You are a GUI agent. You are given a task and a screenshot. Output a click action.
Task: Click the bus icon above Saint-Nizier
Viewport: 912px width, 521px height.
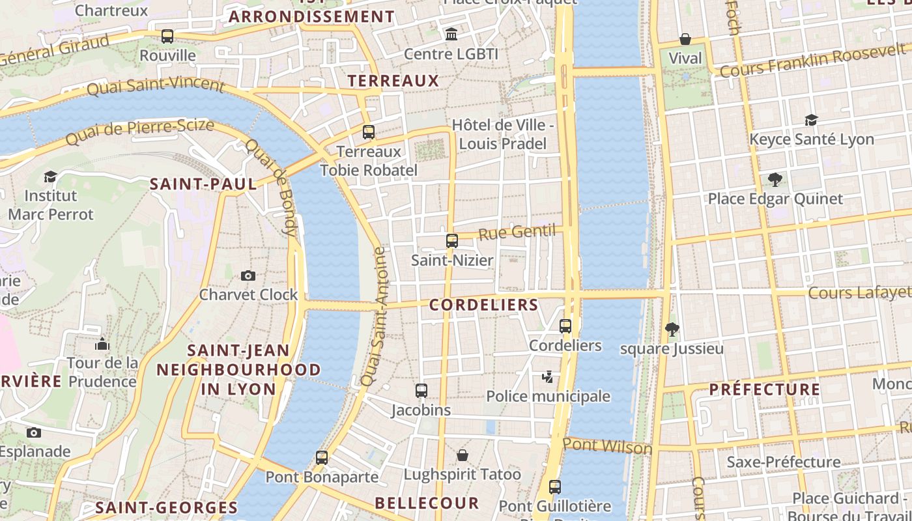(452, 241)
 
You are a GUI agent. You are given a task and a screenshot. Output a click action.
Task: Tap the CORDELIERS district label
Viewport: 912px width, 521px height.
(483, 305)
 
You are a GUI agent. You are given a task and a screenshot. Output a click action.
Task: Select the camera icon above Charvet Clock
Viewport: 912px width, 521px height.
(248, 275)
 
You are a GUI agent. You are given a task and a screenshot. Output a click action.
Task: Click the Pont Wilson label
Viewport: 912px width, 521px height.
(607, 446)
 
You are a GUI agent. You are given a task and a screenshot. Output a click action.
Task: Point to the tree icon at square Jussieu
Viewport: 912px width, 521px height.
(672, 330)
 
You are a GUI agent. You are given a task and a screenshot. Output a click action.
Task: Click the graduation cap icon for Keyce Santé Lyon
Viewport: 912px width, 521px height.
(811, 120)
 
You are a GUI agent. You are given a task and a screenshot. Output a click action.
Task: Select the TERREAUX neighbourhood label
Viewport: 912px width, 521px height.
(393, 81)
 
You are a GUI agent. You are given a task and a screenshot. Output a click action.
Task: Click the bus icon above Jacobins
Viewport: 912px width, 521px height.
(421, 391)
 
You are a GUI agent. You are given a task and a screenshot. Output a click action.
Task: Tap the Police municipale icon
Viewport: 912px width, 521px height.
(548, 376)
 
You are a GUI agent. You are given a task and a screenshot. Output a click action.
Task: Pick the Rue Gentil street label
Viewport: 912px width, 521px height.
(517, 232)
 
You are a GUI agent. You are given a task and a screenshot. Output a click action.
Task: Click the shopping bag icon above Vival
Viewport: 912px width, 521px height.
(685, 39)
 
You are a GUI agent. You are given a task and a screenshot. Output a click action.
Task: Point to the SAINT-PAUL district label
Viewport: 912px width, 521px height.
(203, 184)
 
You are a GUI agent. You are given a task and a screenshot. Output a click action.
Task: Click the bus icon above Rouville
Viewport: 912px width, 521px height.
(167, 36)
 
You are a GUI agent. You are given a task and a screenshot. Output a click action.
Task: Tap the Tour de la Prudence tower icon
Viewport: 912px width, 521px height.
(102, 344)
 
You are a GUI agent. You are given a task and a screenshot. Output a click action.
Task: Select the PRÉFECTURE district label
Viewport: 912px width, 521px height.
(764, 389)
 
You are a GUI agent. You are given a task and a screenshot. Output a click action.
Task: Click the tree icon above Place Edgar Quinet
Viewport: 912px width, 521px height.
(775, 179)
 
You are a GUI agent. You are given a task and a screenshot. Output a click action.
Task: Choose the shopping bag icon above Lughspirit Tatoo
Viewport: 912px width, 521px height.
(463, 455)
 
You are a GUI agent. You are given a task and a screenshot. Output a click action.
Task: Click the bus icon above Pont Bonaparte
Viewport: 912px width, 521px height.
(322, 457)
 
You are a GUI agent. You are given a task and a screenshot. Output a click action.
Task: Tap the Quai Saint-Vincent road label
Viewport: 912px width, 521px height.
(155, 85)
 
